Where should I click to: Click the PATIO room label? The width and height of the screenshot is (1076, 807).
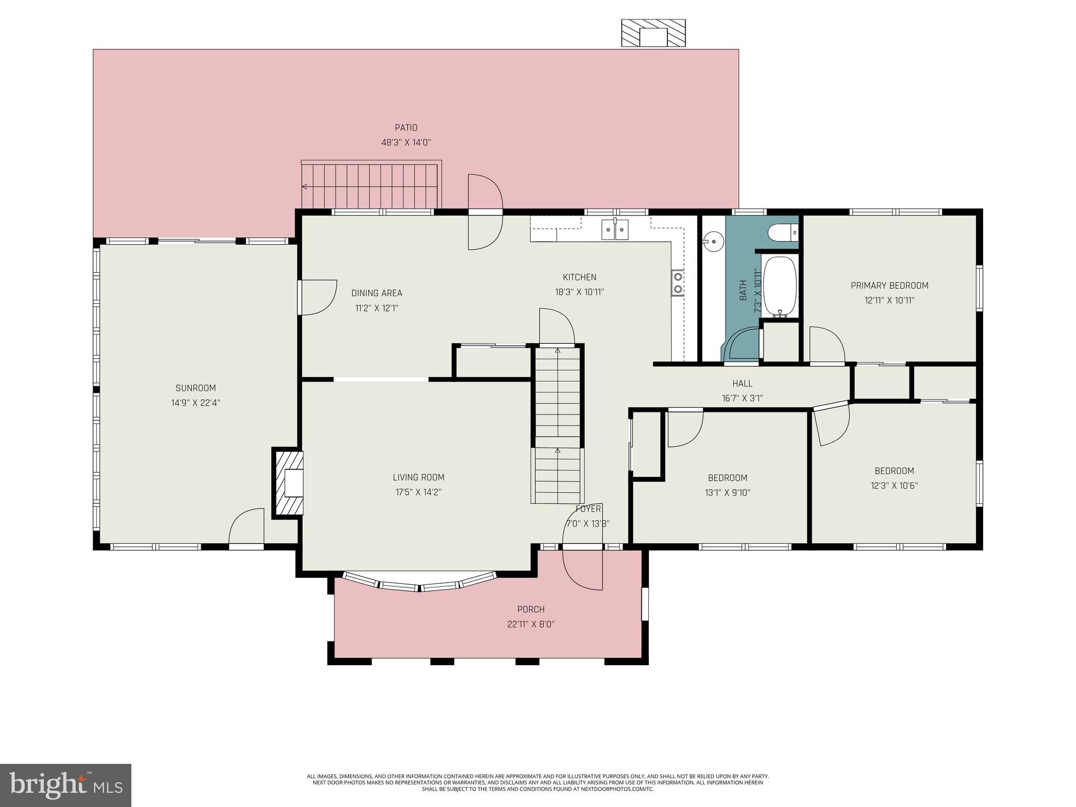406,128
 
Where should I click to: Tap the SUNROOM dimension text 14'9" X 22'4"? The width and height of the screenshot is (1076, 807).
195,403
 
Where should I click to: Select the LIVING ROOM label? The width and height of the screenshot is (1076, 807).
419,478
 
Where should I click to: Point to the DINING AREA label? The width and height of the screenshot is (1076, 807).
377,293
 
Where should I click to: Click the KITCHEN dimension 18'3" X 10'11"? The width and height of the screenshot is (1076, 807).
580,292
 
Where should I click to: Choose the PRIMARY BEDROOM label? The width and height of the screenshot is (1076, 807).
889,286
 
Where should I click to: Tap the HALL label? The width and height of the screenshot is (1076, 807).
742,384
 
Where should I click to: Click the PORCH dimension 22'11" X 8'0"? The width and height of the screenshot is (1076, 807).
531,624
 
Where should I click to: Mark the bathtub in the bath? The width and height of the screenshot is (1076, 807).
780,287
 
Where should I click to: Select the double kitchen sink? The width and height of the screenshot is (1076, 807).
615,230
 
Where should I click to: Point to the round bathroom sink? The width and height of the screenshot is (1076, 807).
713,241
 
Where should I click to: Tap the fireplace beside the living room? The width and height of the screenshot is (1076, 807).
287,483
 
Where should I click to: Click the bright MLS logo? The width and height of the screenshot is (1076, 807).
66,785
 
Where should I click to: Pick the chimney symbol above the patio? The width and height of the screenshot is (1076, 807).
653,34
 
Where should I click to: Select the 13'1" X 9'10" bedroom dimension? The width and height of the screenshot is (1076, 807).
728,493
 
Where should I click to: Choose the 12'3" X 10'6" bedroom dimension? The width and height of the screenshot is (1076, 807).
894,486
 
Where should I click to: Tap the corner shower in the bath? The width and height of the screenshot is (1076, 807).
742,344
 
